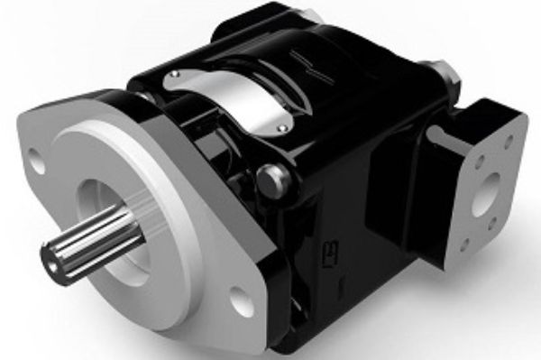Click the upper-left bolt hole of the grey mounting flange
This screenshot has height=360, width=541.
tap(36, 164)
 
